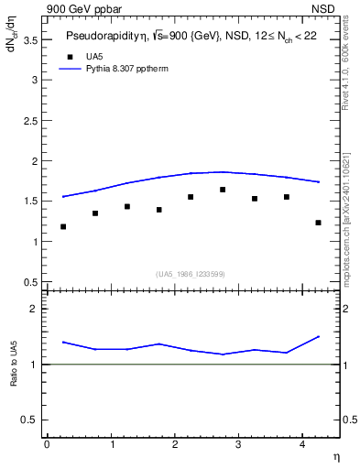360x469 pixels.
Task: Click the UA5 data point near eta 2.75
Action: tap(223, 190)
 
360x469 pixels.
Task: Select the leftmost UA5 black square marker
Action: tap(63, 226)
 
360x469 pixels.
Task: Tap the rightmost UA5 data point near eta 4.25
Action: tap(318, 223)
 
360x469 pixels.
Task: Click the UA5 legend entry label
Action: tap(94, 56)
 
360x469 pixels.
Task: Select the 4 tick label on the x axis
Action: tap(302, 444)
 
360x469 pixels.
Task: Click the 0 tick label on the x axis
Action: tap(47, 444)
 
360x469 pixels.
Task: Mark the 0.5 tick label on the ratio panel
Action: tap(33, 420)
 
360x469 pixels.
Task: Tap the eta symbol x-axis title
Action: tap(335, 455)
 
